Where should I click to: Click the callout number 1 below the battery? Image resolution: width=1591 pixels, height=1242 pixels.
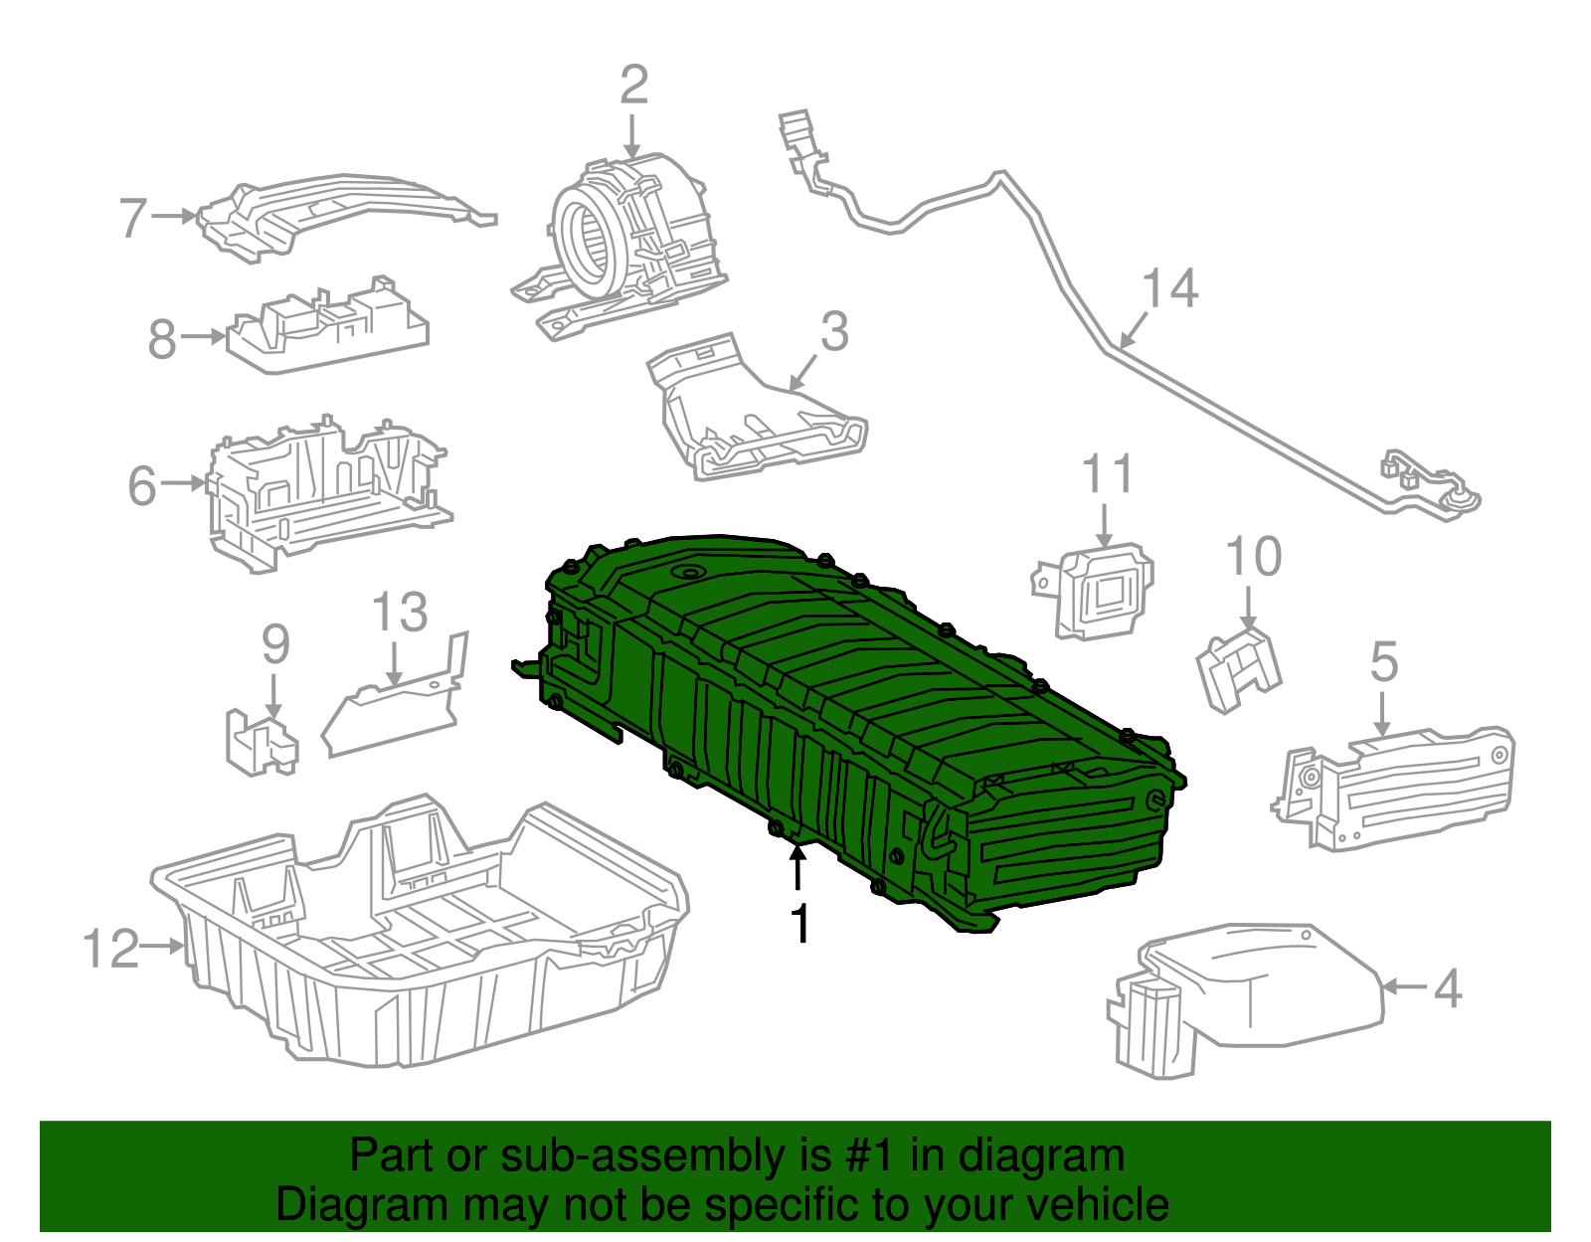[799, 924]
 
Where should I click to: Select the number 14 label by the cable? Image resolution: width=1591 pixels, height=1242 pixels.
[1169, 288]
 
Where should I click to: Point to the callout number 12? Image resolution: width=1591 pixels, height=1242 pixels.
[110, 949]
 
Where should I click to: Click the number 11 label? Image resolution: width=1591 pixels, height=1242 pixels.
[1107, 474]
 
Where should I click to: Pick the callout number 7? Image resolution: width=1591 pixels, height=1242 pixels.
[132, 218]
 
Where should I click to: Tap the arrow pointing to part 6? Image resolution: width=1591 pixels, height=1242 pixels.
[185, 483]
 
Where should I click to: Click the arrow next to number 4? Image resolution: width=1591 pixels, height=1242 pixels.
[1404, 986]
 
